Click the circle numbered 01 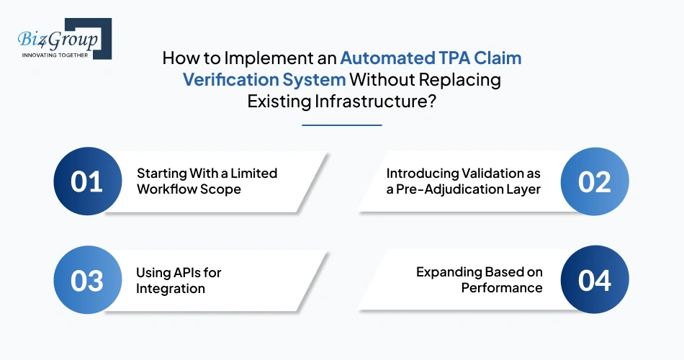pyautogui.click(x=86, y=182)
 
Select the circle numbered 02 pyautogui.click(x=595, y=182)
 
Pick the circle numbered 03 pyautogui.click(x=86, y=280)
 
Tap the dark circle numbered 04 pyautogui.click(x=595, y=280)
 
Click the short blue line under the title pyautogui.click(x=341, y=125)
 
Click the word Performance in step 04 pyautogui.click(x=502, y=289)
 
